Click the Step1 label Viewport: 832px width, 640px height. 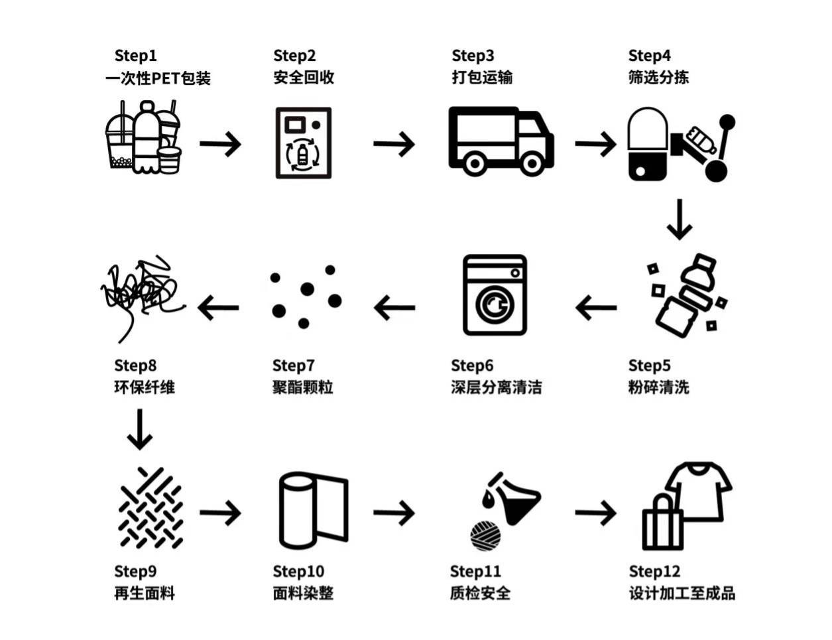point(135,56)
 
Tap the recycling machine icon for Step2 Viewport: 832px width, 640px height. point(303,143)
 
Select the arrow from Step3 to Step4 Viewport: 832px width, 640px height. point(595,144)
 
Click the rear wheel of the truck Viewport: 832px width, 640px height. point(475,164)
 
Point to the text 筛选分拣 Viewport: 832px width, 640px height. point(658,78)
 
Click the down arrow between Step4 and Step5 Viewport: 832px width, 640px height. point(680,219)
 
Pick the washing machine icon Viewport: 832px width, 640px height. point(495,295)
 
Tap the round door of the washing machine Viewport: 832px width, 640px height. point(495,305)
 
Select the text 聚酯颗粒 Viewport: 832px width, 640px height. point(302,387)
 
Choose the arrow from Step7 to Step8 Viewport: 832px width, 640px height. point(218,308)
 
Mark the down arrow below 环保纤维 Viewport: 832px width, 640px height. point(140,429)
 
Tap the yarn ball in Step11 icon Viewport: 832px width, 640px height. point(485,536)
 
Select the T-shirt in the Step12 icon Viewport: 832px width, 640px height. point(698,492)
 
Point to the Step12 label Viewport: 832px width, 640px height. point(654,572)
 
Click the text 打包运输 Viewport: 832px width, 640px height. point(482,78)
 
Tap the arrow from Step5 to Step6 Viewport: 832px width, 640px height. point(596,308)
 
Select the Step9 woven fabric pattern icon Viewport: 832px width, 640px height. point(150,508)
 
